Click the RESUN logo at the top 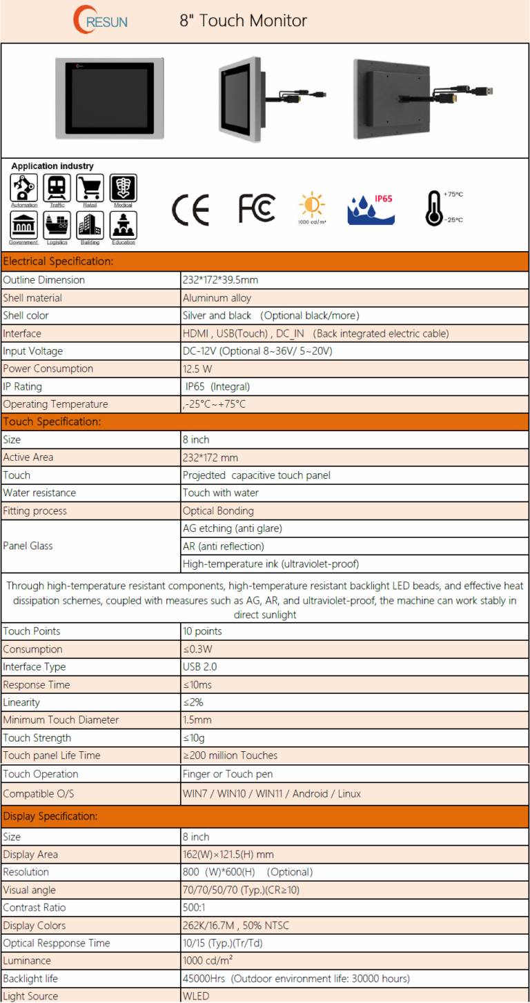(x=100, y=21)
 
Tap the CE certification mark (x=190, y=210)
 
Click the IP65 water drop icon (x=371, y=209)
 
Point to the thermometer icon (x=434, y=208)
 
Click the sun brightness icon (x=312, y=206)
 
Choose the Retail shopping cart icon (x=90, y=188)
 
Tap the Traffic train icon (x=57, y=188)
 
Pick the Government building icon (x=23, y=225)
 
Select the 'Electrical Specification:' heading (x=58, y=261)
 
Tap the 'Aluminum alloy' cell (x=217, y=298)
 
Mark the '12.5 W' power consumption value (x=197, y=369)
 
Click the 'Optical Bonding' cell (x=218, y=511)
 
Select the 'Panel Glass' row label (x=28, y=546)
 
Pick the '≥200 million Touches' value (x=230, y=756)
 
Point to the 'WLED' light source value (x=196, y=996)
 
